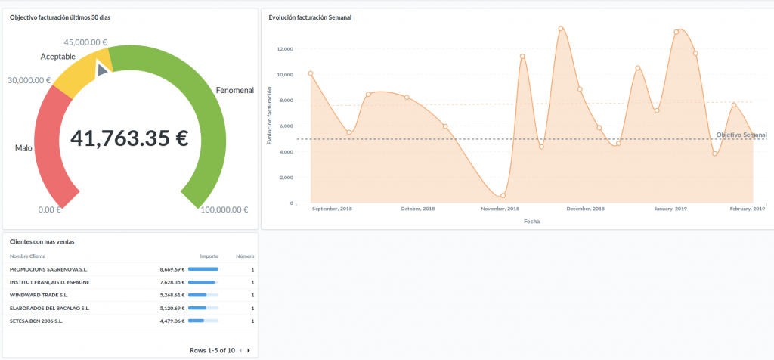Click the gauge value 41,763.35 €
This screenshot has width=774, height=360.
(129, 138)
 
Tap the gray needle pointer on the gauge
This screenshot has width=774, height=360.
(102, 70)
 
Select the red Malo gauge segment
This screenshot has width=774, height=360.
(51, 144)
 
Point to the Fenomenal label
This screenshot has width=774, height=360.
(234, 90)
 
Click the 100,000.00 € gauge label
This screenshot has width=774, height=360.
(224, 209)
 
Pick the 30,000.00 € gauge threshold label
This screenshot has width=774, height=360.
(29, 80)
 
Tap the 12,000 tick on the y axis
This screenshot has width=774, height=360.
(285, 49)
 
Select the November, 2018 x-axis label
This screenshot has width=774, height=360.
(500, 209)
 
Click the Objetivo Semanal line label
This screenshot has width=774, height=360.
(741, 135)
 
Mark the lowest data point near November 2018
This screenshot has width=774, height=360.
(503, 196)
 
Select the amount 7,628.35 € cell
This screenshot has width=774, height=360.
(172, 281)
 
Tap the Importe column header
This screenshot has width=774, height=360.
(209, 256)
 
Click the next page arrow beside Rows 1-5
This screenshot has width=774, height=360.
(249, 350)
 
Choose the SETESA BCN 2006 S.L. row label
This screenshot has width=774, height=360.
(36, 321)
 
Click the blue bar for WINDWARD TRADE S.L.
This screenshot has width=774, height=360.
(197, 295)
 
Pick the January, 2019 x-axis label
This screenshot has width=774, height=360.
(670, 209)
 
